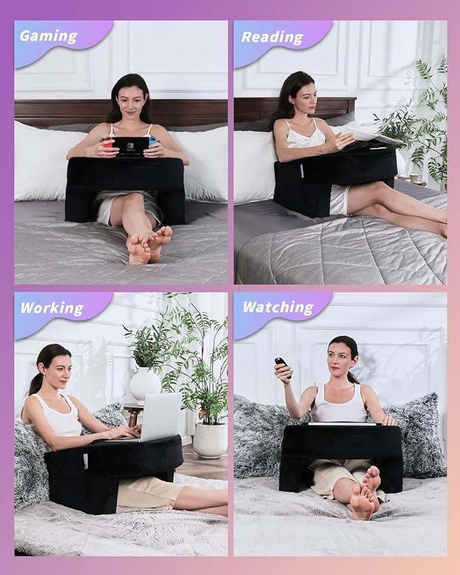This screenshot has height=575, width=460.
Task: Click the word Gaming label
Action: pos(48,36)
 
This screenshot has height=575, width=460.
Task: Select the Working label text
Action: pos(51,308)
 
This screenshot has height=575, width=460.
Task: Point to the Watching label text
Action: pos(278,307)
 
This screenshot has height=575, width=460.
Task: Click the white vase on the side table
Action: pos(145,384)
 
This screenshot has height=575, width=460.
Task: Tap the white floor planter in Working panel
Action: pos(209,440)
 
